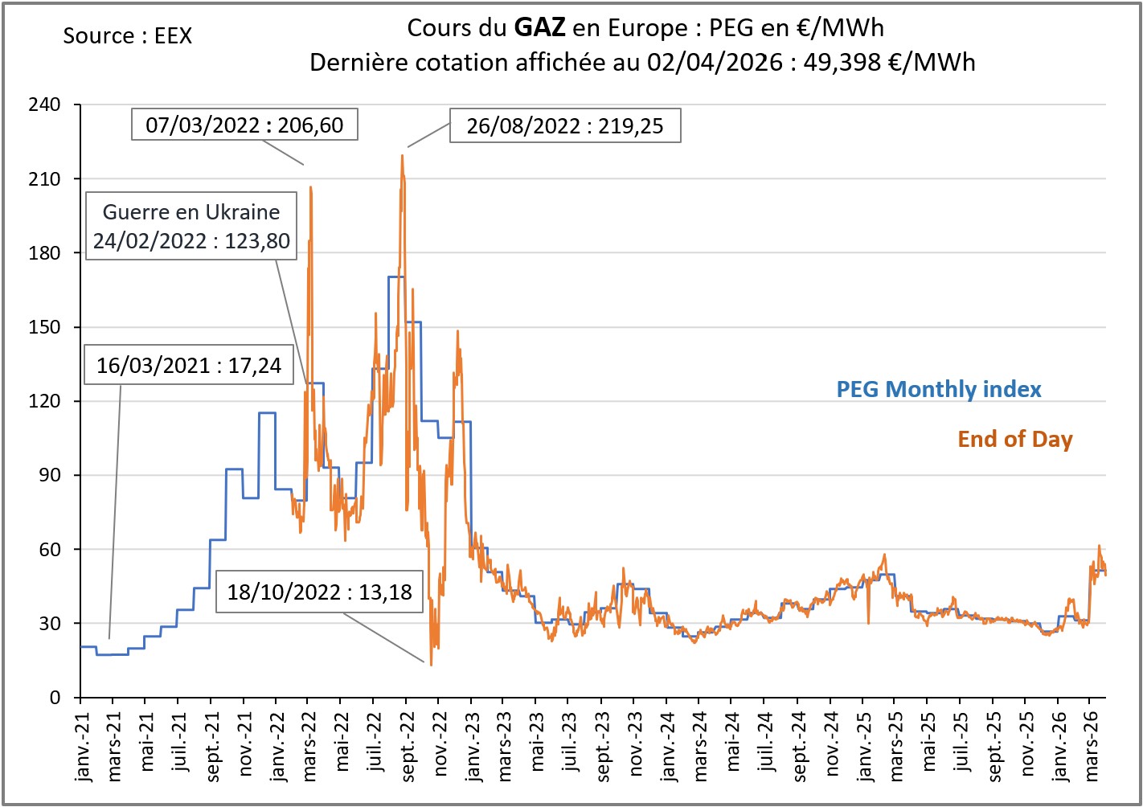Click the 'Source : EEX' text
[x=127, y=36]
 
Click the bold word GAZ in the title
[x=539, y=28]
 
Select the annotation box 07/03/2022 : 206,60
[x=244, y=125]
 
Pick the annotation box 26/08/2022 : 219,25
[x=565, y=126]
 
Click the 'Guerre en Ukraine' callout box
[x=191, y=226]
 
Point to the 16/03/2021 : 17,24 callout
[x=189, y=366]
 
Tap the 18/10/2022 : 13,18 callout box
[x=319, y=592]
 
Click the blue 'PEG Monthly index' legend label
[x=938, y=390]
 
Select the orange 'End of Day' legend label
[x=1014, y=439]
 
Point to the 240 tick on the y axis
[x=44, y=105]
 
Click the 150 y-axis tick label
[x=44, y=327]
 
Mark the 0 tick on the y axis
[x=55, y=698]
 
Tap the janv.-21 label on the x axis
[x=81, y=747]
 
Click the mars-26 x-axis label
[x=1091, y=747]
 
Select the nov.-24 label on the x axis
[x=831, y=745]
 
